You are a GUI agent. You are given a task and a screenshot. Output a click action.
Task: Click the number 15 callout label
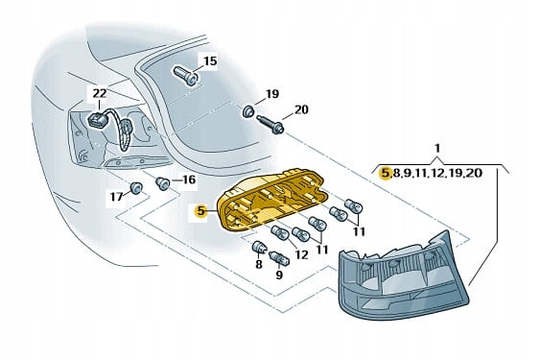pyautogui.click(x=210, y=61)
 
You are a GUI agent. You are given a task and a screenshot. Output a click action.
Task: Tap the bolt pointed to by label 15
pyautogui.click(x=186, y=76)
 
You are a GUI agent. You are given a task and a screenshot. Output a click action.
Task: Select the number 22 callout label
pyautogui.click(x=100, y=93)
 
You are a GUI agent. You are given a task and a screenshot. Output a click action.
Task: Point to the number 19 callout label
pyautogui.click(x=272, y=94)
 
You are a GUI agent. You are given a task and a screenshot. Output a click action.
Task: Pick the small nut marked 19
pyautogui.click(x=248, y=111)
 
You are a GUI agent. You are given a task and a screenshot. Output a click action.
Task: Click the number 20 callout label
pyautogui.click(x=301, y=109)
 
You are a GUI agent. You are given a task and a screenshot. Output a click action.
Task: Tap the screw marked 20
pyautogui.click(x=271, y=125)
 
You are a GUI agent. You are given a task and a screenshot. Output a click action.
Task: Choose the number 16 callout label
pyautogui.click(x=189, y=180)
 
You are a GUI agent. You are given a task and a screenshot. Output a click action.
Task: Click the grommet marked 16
pyautogui.click(x=162, y=182)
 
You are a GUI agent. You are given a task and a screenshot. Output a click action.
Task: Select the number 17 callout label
pyautogui.click(x=116, y=197)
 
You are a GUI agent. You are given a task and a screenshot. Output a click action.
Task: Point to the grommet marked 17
pyautogui.click(x=136, y=187)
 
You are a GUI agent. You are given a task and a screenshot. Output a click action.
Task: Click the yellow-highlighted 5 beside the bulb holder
pyautogui.click(x=200, y=211)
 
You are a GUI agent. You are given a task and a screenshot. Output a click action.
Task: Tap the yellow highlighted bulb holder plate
pyautogui.click(x=272, y=200)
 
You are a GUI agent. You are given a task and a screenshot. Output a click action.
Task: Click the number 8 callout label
pyautogui.click(x=259, y=264)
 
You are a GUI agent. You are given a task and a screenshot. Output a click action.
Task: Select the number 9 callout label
pyautogui.click(x=279, y=275)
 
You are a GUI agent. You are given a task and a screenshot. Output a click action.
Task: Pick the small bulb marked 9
pyautogui.click(x=279, y=258)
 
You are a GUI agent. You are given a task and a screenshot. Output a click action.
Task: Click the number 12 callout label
pyautogui.click(x=301, y=254)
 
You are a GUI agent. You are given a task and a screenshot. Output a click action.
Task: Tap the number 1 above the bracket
pyautogui.click(x=437, y=148)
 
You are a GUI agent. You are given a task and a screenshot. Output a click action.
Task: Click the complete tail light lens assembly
pyautogui.click(x=404, y=275)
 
